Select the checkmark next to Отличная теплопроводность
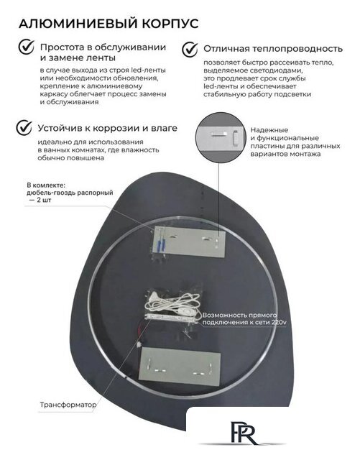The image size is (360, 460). click(189, 49)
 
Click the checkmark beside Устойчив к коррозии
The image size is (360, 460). click(25, 127)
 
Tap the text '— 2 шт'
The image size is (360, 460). click(42, 202)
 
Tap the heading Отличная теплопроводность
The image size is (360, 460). click(272, 49)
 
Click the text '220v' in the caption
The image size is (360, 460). click(280, 323)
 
